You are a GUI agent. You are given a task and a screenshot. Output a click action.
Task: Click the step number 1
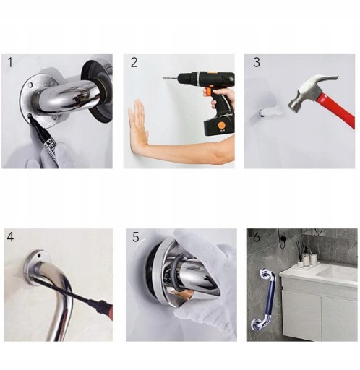(x=10, y=62)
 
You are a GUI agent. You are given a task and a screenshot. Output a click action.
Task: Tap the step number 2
(x=134, y=62)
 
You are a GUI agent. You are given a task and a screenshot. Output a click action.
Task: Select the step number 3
(x=257, y=62)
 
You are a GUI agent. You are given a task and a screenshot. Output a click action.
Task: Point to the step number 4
(x=10, y=237)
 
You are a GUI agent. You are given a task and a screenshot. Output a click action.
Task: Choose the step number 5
(x=136, y=237)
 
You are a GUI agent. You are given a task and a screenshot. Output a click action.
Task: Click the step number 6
(x=257, y=238)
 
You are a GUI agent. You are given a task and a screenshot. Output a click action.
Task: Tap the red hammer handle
(x=338, y=109)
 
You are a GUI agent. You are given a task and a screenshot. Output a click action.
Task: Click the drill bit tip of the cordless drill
(x=163, y=78)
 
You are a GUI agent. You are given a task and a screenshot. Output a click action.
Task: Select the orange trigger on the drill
(x=208, y=91)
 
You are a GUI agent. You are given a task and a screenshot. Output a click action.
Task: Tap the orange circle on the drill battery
(x=221, y=126)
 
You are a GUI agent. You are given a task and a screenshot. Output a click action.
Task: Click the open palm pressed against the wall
(x=138, y=125)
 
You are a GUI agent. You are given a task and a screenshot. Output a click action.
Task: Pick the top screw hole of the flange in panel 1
(x=30, y=85)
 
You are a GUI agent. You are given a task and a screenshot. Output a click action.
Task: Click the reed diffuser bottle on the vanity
(x=301, y=262)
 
